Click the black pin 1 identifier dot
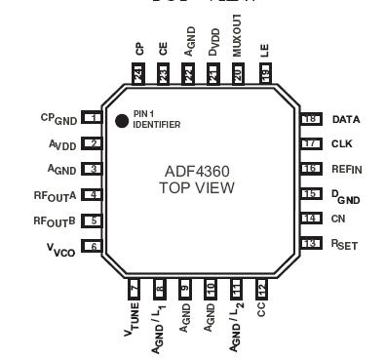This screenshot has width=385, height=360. point(122,122)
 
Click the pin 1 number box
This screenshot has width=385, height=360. point(94,118)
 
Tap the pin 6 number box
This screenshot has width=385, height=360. point(94,247)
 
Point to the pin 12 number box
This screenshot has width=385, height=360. point(261,288)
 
